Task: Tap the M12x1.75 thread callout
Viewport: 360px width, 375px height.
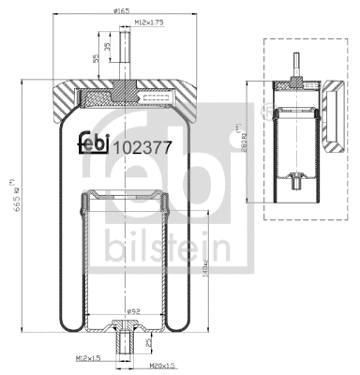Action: tap(148, 21)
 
